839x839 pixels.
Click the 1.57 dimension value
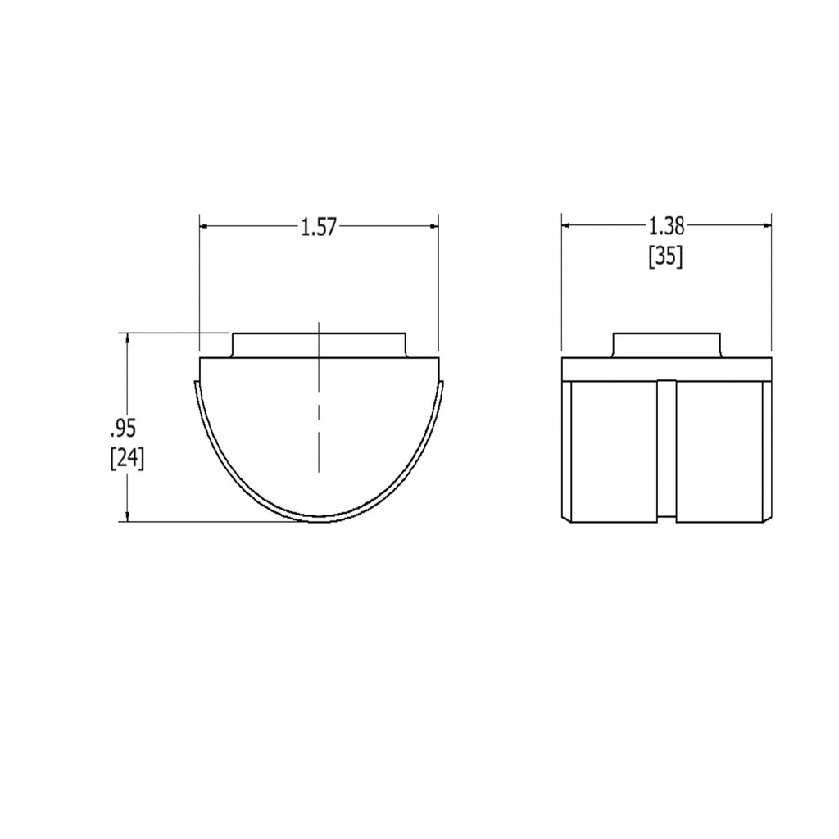click(x=320, y=227)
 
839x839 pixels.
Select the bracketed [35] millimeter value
click(x=665, y=257)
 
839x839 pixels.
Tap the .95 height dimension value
click(x=124, y=427)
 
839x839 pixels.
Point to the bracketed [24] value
click(x=127, y=458)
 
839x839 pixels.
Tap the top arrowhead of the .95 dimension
click(x=127, y=338)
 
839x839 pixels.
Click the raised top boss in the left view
click(x=319, y=345)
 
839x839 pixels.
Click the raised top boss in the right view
click(x=666, y=345)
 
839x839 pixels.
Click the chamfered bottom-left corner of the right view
click(x=565, y=518)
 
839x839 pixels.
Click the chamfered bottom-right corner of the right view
click(x=768, y=518)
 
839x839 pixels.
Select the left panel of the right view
click(x=615, y=451)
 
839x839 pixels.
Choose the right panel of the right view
click(x=719, y=451)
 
